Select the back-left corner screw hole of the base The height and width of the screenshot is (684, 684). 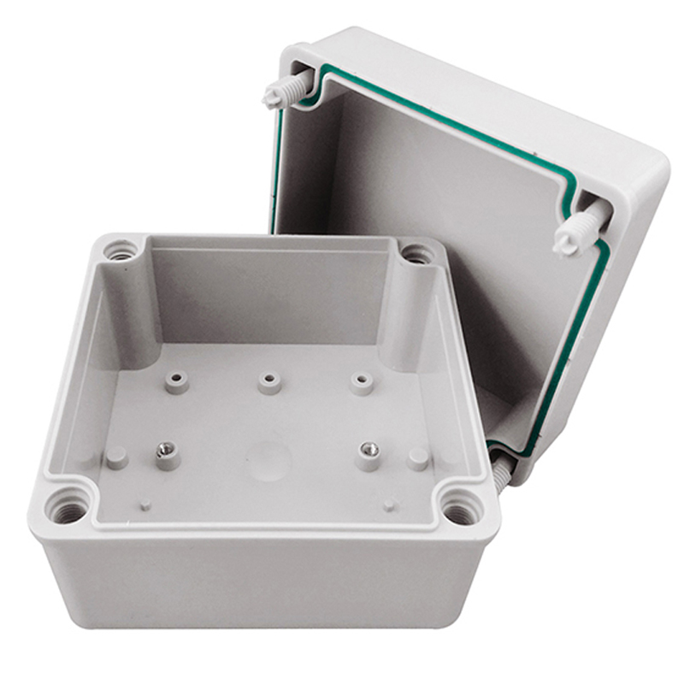[121, 251]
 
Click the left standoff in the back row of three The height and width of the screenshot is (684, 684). [177, 381]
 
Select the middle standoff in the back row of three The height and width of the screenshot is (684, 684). [269, 380]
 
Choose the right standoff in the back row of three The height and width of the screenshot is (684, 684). [361, 382]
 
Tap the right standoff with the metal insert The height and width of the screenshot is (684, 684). [369, 454]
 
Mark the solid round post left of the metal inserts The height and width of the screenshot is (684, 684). [116, 457]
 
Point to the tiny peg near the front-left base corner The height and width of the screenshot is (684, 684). [145, 504]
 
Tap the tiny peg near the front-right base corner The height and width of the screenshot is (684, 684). [389, 505]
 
